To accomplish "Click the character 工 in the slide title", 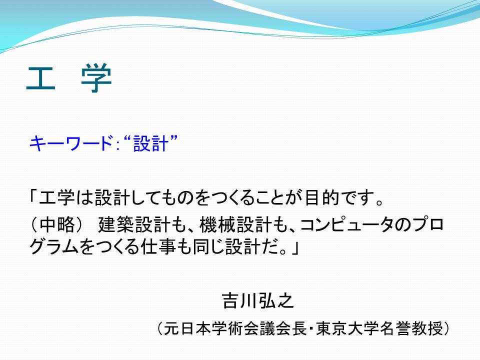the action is pyautogui.click(x=41, y=78).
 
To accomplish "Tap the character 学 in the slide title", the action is pyautogui.click(x=96, y=78).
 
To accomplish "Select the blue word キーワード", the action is pyautogui.click(x=70, y=143).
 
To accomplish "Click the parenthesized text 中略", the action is pyautogui.click(x=57, y=224).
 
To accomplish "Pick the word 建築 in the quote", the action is pyautogui.click(x=116, y=224).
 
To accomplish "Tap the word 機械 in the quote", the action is pyautogui.click(x=217, y=224).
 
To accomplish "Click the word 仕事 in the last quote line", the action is pyautogui.click(x=158, y=246).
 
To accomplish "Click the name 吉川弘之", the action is pyautogui.click(x=258, y=300).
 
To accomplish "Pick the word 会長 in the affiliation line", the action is pyautogui.click(x=291, y=329).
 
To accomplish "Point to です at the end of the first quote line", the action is pyautogui.click(x=357, y=198).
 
